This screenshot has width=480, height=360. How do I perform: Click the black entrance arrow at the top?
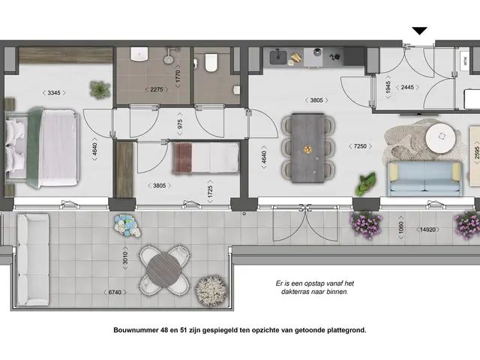tap(420, 31)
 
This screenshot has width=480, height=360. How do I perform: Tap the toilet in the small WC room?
tap(210, 62)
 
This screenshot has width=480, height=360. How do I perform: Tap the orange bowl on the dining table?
tap(307, 150)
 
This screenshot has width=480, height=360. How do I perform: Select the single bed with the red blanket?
tap(205, 158)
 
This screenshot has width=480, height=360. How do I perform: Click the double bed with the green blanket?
tap(43, 147)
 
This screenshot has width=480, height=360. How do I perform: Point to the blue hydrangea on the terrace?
tap(125, 223)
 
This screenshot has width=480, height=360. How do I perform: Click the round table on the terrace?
tap(163, 268)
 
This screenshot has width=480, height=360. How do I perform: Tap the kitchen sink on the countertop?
tap(279, 55)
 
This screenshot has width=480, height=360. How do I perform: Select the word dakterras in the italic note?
tap(293, 292)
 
